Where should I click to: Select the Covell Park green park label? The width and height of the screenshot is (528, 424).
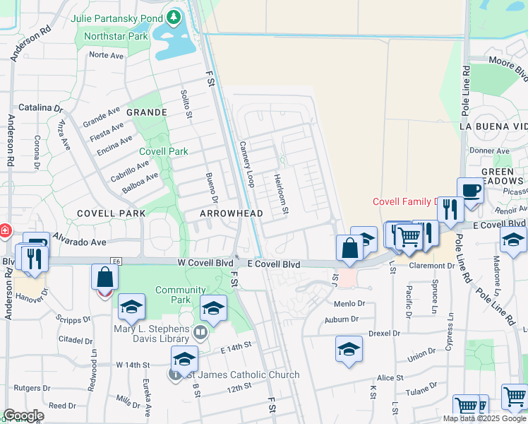[164, 151]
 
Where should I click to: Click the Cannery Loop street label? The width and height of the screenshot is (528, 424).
[247, 163]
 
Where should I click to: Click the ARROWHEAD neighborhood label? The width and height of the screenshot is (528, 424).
[232, 213]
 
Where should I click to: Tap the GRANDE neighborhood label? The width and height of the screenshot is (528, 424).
[147, 112]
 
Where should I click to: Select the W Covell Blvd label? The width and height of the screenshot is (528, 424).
[205, 264]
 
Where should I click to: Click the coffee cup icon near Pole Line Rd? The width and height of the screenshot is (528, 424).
[471, 190]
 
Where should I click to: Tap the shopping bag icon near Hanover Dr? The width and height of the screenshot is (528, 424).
[104, 277]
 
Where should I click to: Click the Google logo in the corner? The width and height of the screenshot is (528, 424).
[23, 416]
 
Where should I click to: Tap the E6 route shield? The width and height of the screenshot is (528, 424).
[116, 261]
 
